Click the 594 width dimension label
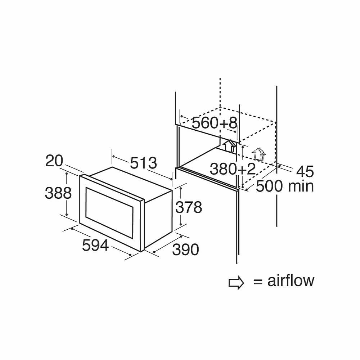click(x=95, y=245)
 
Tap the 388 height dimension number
click(x=58, y=193)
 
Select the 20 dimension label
click(x=54, y=161)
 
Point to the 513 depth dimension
click(x=144, y=163)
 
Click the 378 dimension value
click(x=189, y=207)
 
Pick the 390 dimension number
click(x=185, y=249)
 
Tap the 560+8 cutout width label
click(x=215, y=123)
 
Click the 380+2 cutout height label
click(x=233, y=169)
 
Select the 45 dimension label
click(x=305, y=171)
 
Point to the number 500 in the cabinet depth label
click(x=269, y=186)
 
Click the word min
click(x=301, y=186)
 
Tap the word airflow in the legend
click(x=291, y=280)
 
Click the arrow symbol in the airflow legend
click(x=236, y=283)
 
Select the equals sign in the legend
click(x=258, y=282)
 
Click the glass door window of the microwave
click(x=109, y=213)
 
